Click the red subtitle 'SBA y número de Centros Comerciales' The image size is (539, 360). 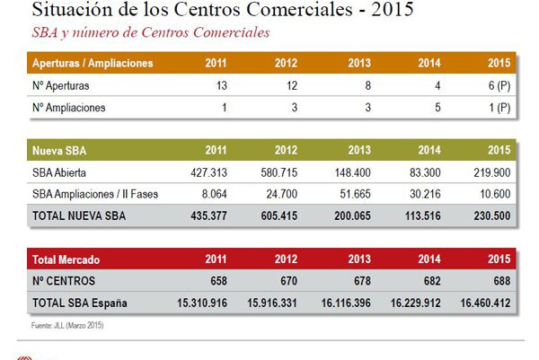149,33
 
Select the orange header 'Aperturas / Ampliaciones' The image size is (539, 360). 93,64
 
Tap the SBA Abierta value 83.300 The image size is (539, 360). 426,172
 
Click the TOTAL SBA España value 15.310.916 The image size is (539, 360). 204,303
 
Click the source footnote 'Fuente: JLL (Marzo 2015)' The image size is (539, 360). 67,325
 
